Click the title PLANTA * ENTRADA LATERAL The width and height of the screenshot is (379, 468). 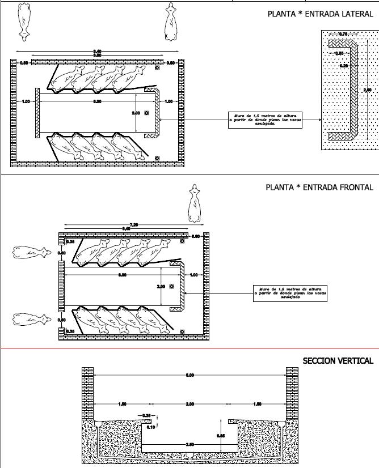coord(320,14)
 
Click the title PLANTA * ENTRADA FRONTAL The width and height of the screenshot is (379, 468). coord(319,188)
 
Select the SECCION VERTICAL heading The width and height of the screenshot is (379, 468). coord(338,361)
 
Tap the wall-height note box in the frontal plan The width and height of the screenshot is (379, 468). coord(290,293)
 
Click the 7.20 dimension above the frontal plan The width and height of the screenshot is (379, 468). coord(134,225)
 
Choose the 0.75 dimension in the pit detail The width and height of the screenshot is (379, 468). coord(343,35)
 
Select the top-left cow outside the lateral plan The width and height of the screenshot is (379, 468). coord(24,22)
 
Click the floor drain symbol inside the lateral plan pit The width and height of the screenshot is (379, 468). coord(146,112)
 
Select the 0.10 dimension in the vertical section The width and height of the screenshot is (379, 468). coord(151,427)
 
